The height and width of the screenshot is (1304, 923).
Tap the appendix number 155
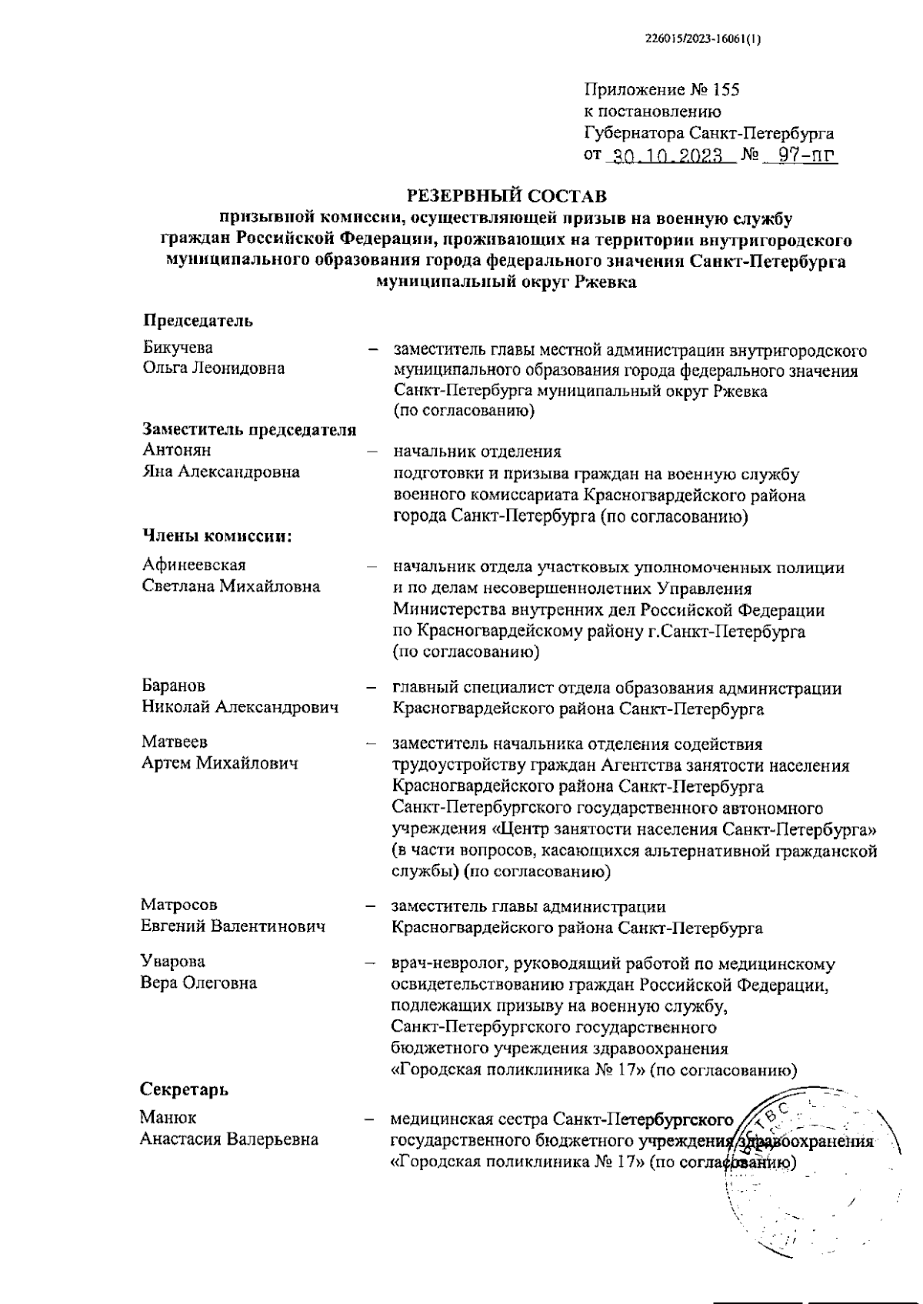click(726, 90)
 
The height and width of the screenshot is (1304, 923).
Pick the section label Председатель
click(198, 321)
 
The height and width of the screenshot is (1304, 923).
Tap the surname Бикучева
click(178, 349)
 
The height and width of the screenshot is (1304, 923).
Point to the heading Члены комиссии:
click(217, 536)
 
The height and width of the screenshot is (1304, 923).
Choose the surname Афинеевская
click(194, 565)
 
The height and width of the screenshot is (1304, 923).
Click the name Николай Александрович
click(240, 707)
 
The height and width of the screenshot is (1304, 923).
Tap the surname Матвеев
click(175, 742)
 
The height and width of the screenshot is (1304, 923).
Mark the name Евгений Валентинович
click(232, 926)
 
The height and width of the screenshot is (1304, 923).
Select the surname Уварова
click(173, 962)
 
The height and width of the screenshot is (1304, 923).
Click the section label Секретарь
click(184, 1089)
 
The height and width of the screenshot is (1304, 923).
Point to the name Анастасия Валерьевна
click(229, 1139)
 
